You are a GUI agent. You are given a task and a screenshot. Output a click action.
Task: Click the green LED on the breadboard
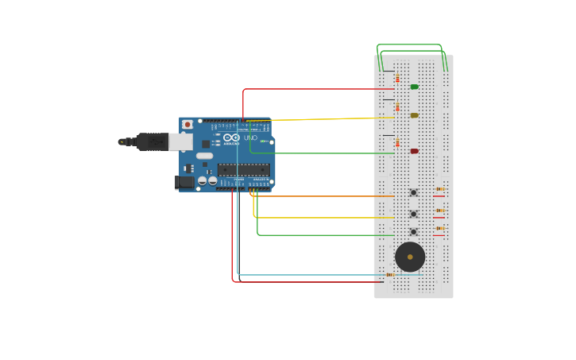(414, 87)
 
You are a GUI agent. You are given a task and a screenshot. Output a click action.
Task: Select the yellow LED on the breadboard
(414, 115)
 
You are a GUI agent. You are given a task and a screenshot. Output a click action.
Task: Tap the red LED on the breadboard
(414, 151)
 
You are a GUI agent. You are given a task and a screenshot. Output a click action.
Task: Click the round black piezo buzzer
(410, 257)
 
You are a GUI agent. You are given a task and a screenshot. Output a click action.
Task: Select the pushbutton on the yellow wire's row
(413, 214)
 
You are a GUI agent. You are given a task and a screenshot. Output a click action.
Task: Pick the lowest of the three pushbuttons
(413, 232)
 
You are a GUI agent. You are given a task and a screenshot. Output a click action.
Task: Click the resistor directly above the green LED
(397, 78)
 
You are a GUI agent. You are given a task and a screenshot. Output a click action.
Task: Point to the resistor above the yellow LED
(397, 106)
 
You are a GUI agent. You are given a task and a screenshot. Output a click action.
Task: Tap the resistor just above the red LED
(397, 142)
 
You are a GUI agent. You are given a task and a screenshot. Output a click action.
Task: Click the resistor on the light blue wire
(389, 275)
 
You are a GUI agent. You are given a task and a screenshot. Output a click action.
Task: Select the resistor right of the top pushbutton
(439, 189)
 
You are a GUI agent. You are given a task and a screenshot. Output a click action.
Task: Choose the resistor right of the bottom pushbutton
(439, 228)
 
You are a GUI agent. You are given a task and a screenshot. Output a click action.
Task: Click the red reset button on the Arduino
(187, 125)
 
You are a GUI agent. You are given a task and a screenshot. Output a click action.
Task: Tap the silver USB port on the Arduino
(180, 141)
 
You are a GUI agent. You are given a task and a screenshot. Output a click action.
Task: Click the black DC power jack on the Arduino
(184, 182)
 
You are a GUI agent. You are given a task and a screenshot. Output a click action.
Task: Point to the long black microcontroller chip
(244, 169)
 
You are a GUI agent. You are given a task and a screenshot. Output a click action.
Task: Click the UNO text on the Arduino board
(250, 138)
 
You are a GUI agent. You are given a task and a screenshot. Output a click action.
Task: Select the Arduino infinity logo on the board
(231, 137)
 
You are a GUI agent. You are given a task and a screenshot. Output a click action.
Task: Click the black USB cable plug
(152, 141)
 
